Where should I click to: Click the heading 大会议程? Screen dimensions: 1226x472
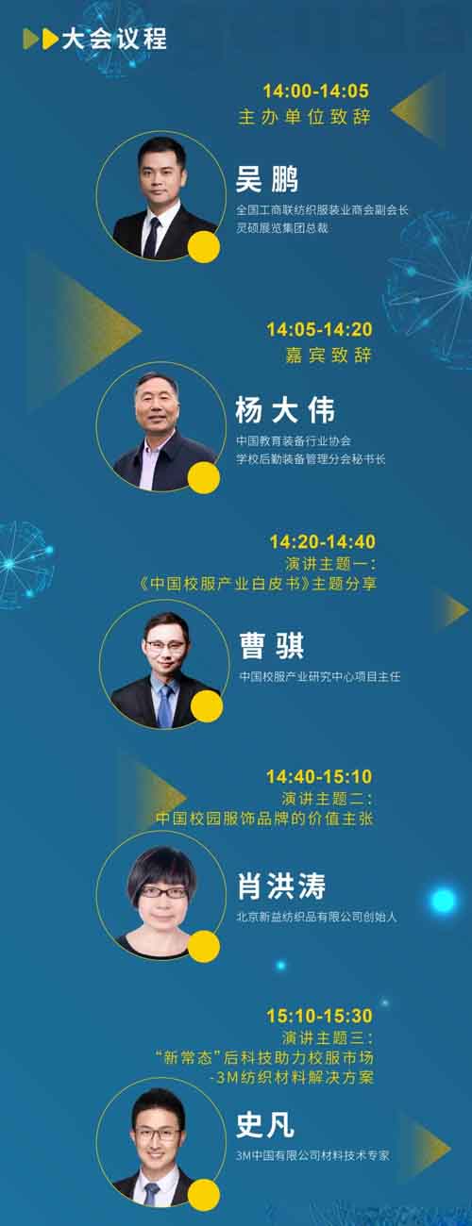pyautogui.click(x=113, y=39)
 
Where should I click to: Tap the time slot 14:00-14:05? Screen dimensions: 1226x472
pyautogui.click(x=315, y=91)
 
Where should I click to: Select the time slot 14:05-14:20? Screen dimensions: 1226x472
pyautogui.click(x=319, y=329)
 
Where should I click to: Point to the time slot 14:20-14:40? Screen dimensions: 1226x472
pyautogui.click(x=322, y=541)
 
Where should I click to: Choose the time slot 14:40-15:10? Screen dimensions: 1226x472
pyautogui.click(x=319, y=776)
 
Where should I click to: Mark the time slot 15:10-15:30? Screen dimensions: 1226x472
pyautogui.click(x=319, y=1016)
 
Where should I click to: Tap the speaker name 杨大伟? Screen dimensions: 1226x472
pyautogui.click(x=284, y=411)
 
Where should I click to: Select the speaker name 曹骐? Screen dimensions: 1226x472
pyautogui.click(x=271, y=647)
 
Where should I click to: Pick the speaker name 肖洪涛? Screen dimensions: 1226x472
pyautogui.click(x=281, y=886)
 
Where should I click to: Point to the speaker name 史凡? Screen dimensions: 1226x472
pyautogui.click(x=265, y=1124)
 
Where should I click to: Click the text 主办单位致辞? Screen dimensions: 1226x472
pyautogui.click(x=304, y=118)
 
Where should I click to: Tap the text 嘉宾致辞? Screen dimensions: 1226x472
pyautogui.click(x=329, y=356)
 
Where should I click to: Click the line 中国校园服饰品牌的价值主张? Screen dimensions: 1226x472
pyautogui.click(x=264, y=819)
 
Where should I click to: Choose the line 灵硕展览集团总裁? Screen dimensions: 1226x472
pyautogui.click(x=281, y=227)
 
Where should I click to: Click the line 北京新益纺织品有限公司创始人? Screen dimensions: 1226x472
pyautogui.click(x=316, y=917)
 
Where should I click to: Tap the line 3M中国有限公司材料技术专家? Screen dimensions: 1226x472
pyautogui.click(x=312, y=1154)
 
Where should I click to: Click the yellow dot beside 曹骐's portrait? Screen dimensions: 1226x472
pyautogui.click(x=205, y=709)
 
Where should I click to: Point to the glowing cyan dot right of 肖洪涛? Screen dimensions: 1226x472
pyautogui.click(x=443, y=901)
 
